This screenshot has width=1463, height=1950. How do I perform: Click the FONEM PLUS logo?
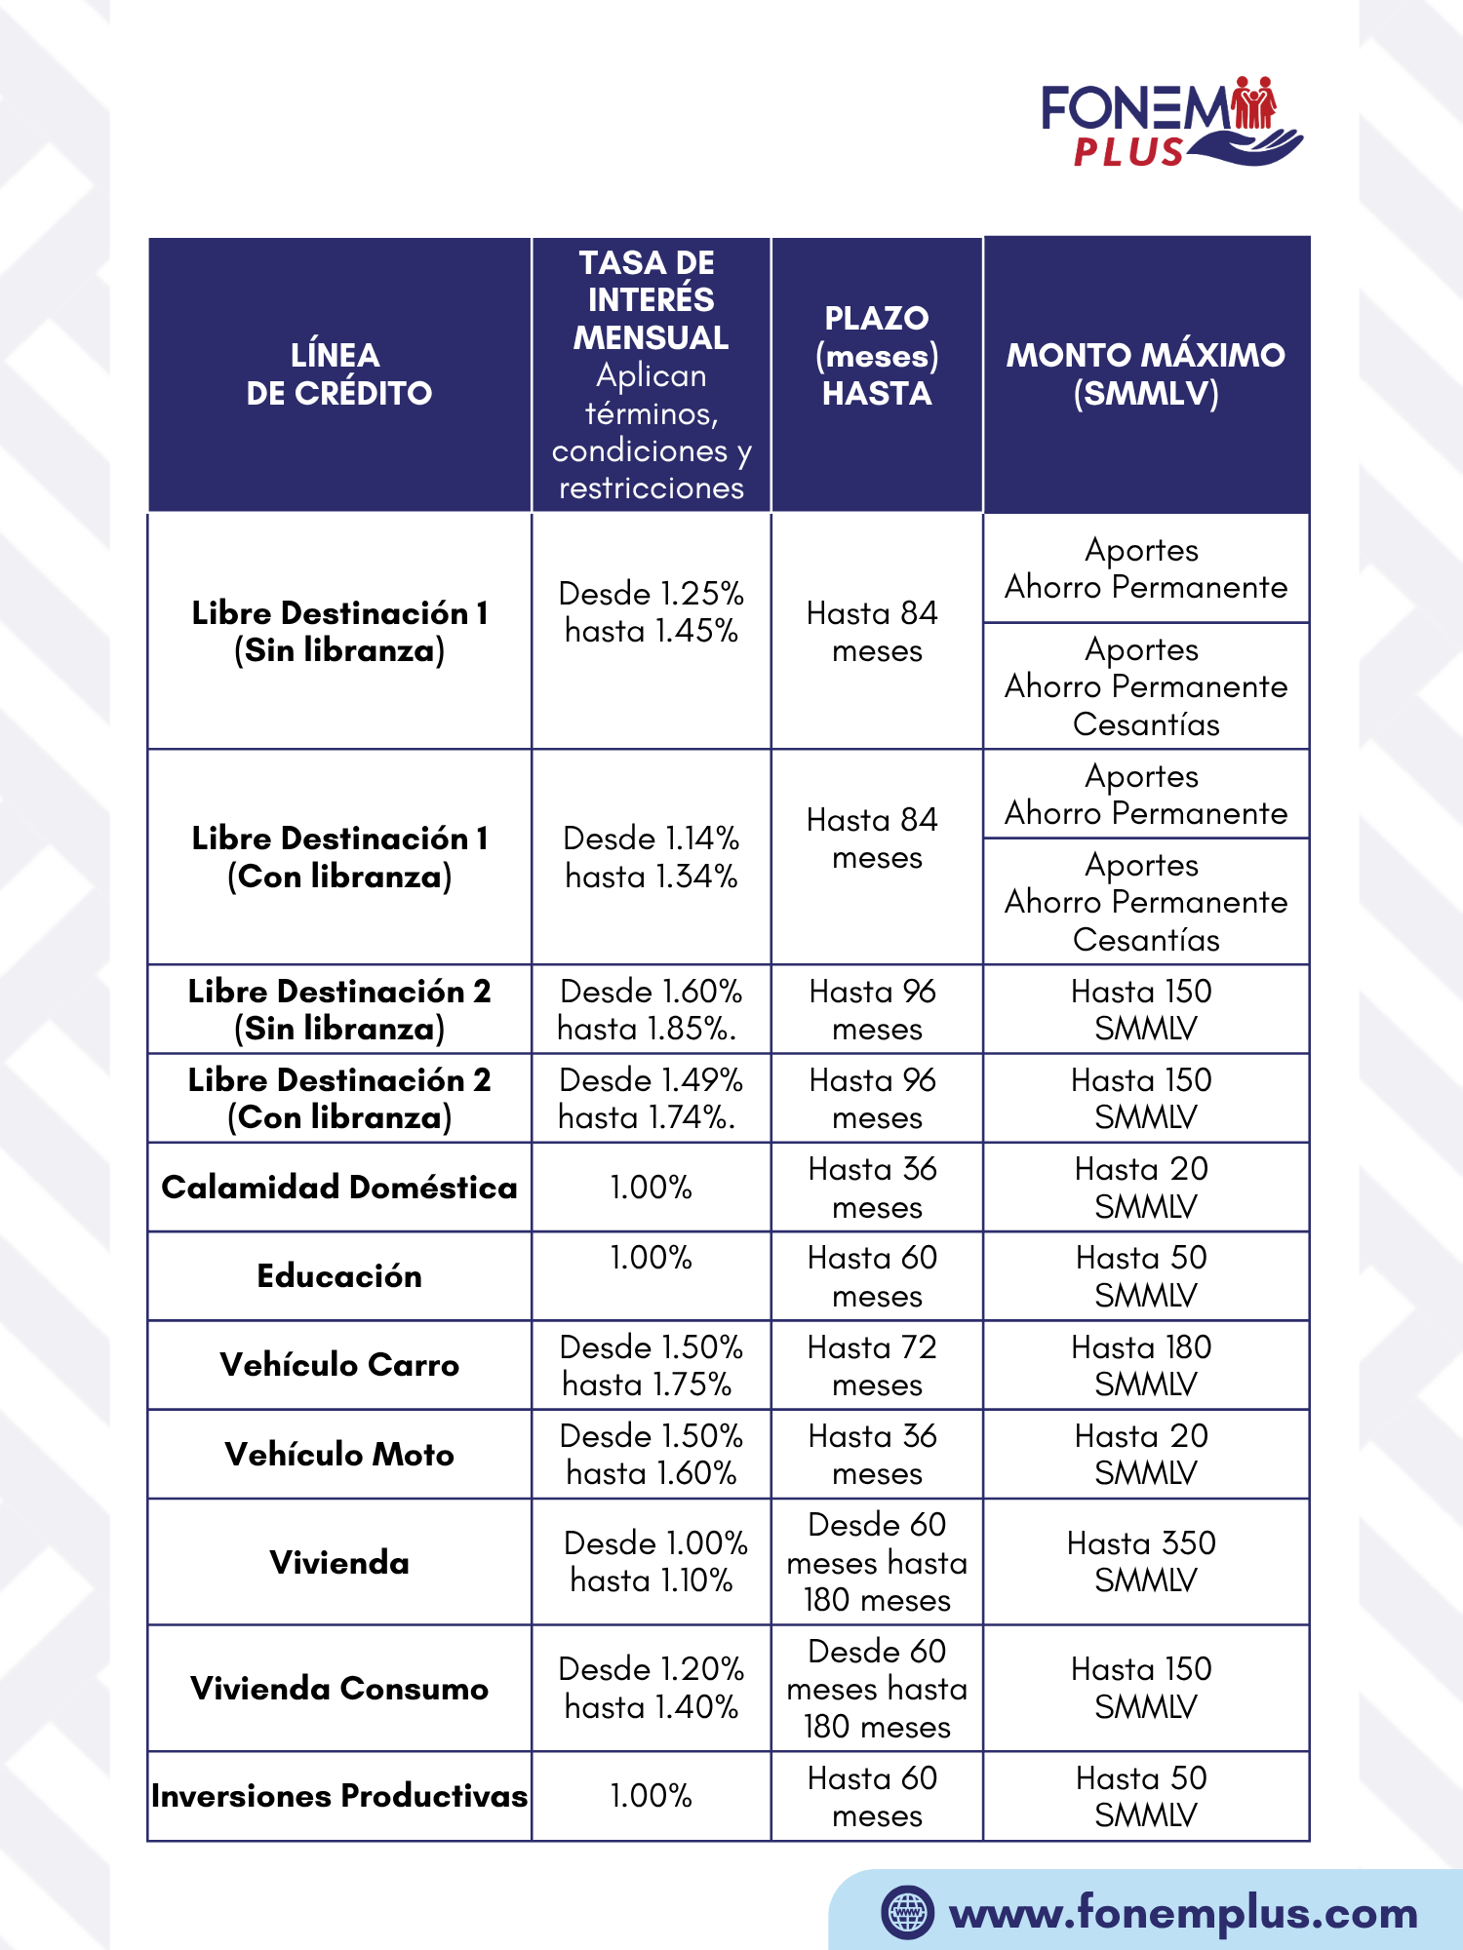tap(1170, 122)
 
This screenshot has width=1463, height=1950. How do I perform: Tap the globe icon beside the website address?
tap(907, 1912)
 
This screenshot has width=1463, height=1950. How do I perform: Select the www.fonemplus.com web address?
tap(1183, 1914)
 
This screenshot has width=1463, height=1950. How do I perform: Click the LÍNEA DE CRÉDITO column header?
tap(338, 374)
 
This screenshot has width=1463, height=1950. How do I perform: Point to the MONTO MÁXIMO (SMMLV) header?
tap(1146, 374)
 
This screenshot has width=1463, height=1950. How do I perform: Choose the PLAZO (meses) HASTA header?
tap(877, 356)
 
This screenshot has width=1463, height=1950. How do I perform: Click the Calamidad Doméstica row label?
tap(338, 1188)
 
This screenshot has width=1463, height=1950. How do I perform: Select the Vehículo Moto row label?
tap(338, 1455)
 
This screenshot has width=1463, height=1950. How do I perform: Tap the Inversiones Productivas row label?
tap(338, 1796)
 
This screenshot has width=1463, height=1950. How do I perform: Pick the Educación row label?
tap(338, 1276)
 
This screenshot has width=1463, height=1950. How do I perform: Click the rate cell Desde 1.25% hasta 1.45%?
tap(651, 612)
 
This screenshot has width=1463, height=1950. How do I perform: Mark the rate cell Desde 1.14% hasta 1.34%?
tap(651, 857)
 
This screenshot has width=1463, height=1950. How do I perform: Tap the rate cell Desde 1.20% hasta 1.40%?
tap(651, 1688)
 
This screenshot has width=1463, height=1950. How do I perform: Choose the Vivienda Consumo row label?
tap(338, 1689)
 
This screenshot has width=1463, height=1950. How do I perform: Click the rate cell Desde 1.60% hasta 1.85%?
tap(651, 1009)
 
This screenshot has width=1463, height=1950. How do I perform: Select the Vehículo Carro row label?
tap(338, 1365)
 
